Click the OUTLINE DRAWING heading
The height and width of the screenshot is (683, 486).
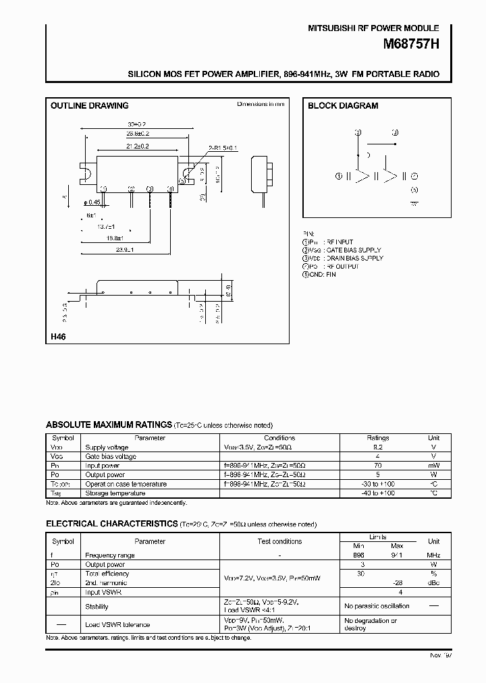[x=89, y=106]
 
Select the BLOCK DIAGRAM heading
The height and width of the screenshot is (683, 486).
[x=343, y=106]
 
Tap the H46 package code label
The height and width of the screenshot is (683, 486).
[x=57, y=336]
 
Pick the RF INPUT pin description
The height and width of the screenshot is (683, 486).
[x=340, y=242]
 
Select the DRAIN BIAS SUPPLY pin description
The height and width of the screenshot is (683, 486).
[x=354, y=258]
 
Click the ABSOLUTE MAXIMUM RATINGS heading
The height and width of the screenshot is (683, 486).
[x=108, y=425]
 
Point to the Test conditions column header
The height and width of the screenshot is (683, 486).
[x=280, y=541]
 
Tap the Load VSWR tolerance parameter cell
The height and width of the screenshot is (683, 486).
[x=117, y=624]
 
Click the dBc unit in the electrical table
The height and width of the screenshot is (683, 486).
[x=434, y=582]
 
